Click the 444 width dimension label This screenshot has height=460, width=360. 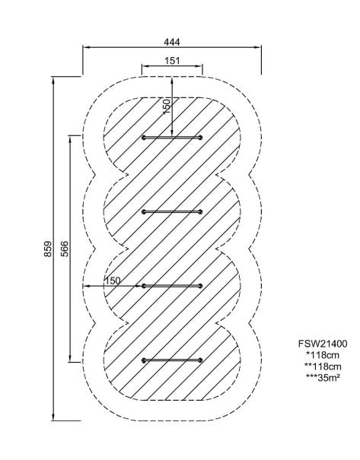click(172, 43)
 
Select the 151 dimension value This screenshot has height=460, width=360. click(172, 61)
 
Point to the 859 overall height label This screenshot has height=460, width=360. click(48, 249)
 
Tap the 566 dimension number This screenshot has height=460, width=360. click(64, 249)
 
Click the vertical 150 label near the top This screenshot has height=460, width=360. click(166, 106)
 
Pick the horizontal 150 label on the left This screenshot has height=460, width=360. click(113, 281)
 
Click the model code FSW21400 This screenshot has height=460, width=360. click(323, 344)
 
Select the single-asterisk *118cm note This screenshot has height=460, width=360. click(323, 355)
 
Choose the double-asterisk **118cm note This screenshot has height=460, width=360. click(323, 366)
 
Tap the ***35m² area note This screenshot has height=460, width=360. click(323, 378)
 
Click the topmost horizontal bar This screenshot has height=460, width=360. click(172, 138)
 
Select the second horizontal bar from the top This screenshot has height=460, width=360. click(172, 212)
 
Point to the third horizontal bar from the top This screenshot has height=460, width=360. click(172, 286)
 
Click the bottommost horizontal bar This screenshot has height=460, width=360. click(172, 360)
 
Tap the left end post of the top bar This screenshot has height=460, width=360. click(144, 138)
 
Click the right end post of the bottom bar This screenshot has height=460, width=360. click(201, 360)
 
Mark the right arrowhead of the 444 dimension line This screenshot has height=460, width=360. click(259, 47)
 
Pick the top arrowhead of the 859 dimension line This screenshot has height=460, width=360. click(53, 80)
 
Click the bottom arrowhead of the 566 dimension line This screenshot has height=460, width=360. click(70, 359)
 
